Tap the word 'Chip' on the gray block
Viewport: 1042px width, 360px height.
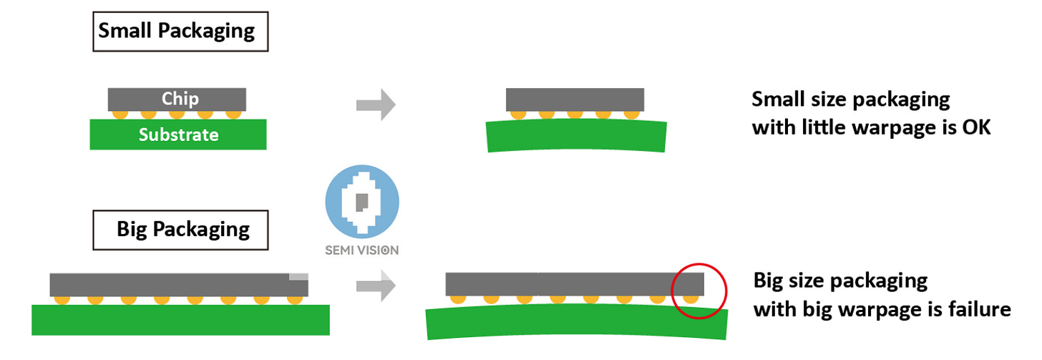coord(180,99)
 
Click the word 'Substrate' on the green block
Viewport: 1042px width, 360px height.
coord(179,135)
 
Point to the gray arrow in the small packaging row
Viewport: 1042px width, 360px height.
coord(376,104)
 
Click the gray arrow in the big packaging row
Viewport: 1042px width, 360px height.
coord(376,285)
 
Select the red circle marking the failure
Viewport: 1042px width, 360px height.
coord(698,264)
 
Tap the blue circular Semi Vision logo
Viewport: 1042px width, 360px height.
coord(362,202)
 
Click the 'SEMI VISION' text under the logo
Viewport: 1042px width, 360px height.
coord(362,250)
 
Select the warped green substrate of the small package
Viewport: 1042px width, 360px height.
coord(576,135)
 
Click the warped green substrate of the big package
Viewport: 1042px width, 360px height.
coord(577,322)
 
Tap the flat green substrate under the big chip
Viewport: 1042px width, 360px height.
coord(180,320)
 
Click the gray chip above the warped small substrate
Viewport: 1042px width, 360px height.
coord(575,99)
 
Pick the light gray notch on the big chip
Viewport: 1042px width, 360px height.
coord(298,277)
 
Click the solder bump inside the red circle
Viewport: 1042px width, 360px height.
coord(691,299)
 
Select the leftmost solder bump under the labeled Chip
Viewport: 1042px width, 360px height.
coord(120,115)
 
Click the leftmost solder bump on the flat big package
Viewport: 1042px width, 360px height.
coord(62,300)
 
